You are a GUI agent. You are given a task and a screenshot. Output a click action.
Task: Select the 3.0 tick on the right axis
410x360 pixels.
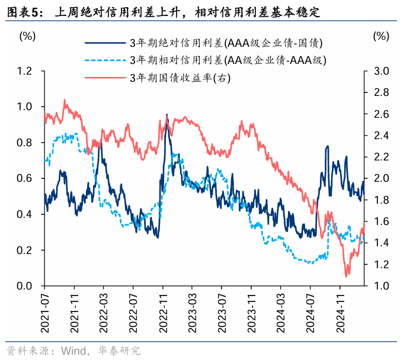[x=381, y=71]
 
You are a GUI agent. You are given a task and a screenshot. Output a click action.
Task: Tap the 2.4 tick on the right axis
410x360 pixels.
[x=381, y=136]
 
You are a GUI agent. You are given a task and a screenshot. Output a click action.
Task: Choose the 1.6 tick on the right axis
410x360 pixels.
[x=381, y=221]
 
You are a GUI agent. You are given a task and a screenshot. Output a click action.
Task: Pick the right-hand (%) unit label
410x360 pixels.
[x=382, y=36]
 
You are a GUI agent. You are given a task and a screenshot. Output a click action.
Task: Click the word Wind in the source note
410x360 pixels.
[x=73, y=351]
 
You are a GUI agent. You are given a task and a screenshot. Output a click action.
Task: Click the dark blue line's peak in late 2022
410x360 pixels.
[x=166, y=115]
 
